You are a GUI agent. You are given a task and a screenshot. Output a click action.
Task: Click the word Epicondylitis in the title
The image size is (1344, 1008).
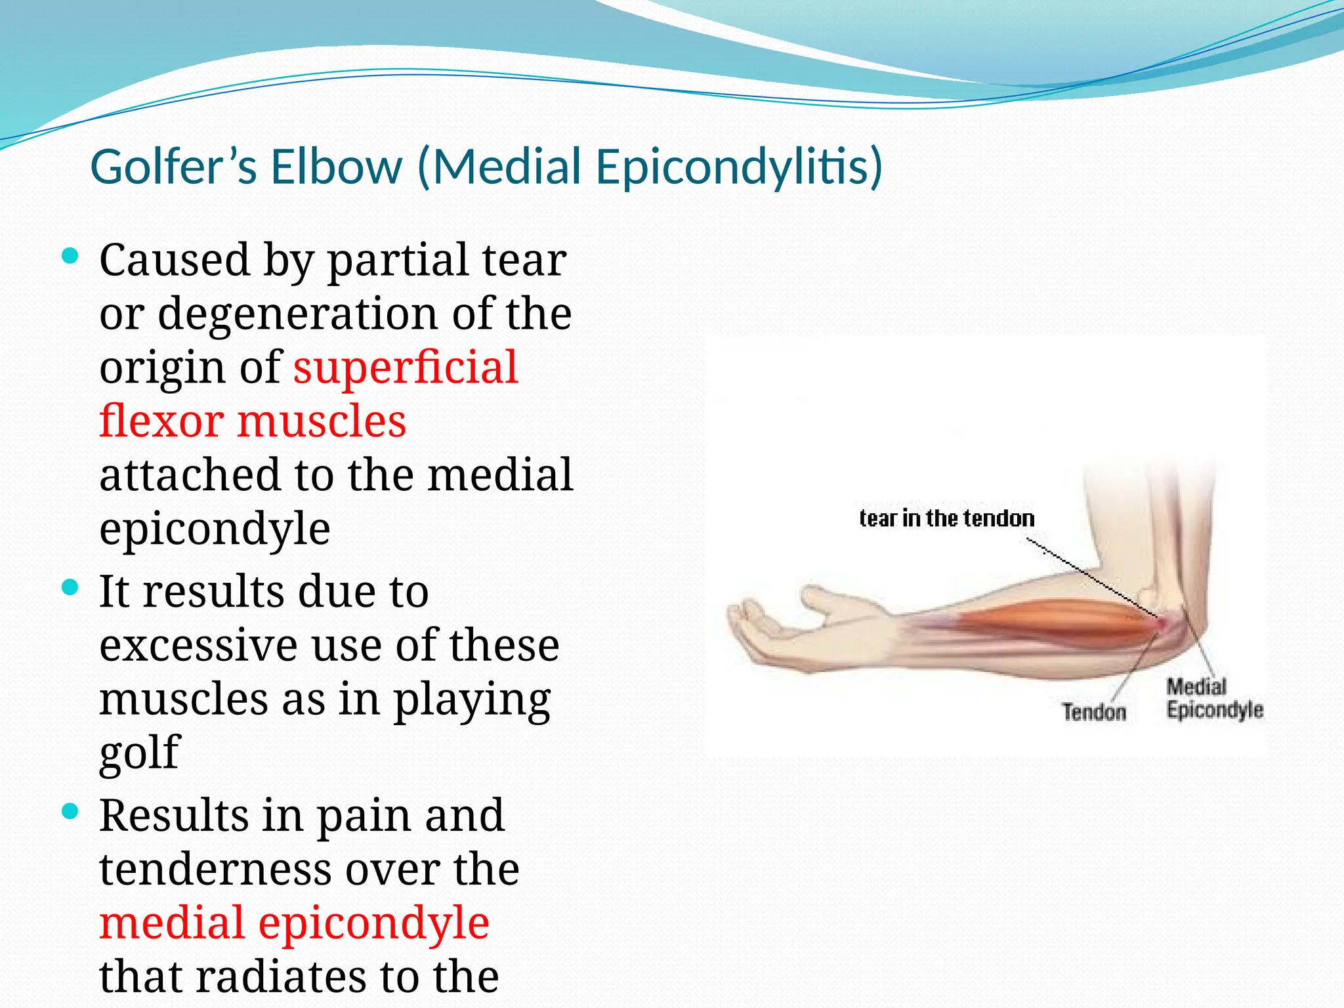pyautogui.click(x=738, y=167)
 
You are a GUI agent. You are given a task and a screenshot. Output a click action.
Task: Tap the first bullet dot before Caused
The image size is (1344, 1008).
pyautogui.click(x=70, y=255)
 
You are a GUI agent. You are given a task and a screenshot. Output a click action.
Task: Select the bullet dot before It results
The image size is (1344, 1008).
pyautogui.click(x=70, y=586)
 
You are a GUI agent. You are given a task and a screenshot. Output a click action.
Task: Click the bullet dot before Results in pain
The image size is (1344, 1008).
pyautogui.click(x=70, y=812)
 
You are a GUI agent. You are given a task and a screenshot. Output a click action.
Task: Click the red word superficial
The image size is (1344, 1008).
pyautogui.click(x=405, y=367)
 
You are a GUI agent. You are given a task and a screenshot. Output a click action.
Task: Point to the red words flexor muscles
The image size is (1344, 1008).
pyautogui.click(x=253, y=421)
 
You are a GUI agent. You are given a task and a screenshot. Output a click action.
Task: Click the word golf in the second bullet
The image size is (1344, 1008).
pyautogui.click(x=139, y=752)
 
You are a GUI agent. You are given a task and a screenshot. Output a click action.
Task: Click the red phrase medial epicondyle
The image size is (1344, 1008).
pyautogui.click(x=294, y=923)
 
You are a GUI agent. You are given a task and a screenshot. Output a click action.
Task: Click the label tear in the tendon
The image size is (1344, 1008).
pyautogui.click(x=946, y=518)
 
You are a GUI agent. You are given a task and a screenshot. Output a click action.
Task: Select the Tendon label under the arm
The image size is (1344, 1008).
pyautogui.click(x=1093, y=712)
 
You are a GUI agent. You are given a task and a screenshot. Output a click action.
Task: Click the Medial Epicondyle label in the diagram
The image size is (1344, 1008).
pyautogui.click(x=1213, y=698)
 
